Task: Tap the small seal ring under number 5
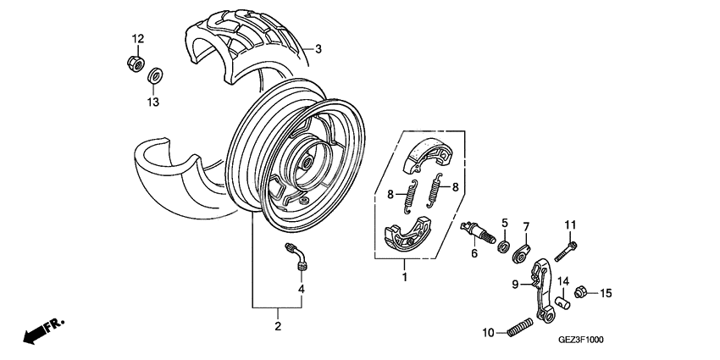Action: [x=503, y=246]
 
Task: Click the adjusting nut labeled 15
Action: [x=582, y=292]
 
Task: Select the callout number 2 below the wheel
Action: [x=277, y=325]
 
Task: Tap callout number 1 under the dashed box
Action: [x=405, y=277]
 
